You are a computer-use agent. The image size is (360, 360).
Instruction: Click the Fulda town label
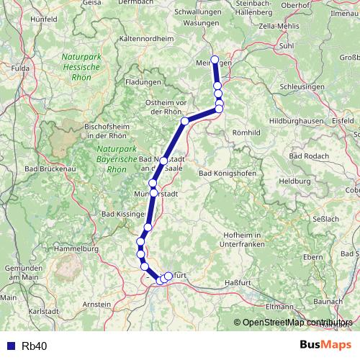pyautogui.click(x=20, y=68)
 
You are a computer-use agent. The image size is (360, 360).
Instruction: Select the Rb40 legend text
pyautogui.click(x=35, y=346)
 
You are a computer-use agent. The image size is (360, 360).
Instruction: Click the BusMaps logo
pyautogui.click(x=325, y=345)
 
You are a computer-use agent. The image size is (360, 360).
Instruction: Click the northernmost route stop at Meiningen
pyautogui.click(x=214, y=60)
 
